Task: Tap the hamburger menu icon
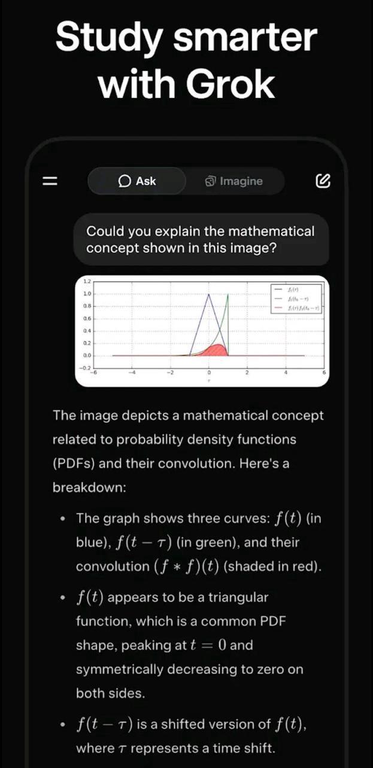point(50,181)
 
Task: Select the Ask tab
point(137,181)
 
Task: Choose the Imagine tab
point(234,181)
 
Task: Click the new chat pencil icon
point(323,181)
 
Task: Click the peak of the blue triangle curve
point(208,294)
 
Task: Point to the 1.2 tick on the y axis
point(87,281)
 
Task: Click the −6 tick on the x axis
point(93,372)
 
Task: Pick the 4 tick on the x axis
point(286,372)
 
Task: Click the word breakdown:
point(89,487)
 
